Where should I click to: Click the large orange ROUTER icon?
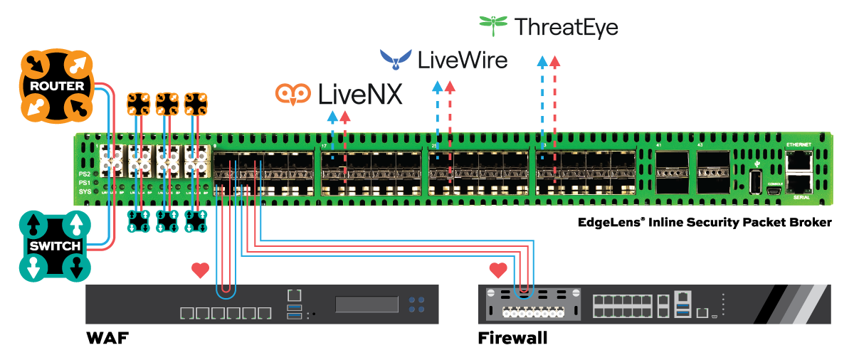56,86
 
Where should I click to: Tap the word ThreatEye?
566,28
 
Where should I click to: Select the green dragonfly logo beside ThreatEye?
493,25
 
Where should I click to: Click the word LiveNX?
359,94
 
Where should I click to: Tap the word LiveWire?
463,59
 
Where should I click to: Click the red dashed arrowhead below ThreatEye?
555,61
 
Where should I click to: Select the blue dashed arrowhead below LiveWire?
438,88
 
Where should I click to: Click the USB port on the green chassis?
755,182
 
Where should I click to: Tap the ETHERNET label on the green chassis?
798,145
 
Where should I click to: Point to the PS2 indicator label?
85,174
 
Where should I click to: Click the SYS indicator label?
85,191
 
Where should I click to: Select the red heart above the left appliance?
201,270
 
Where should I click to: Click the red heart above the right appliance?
498,270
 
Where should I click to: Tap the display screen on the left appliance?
367,305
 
